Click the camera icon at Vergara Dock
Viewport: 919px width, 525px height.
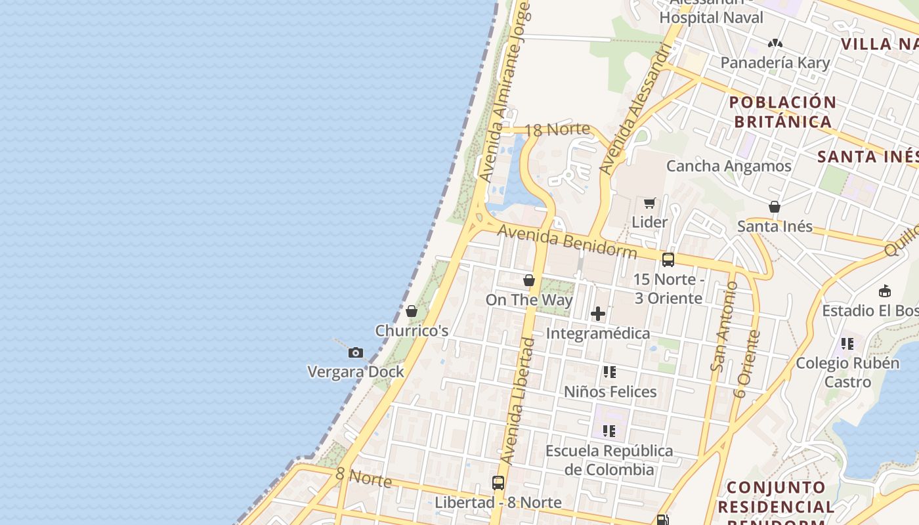click(x=356, y=353)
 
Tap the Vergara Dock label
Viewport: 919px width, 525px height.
click(x=356, y=372)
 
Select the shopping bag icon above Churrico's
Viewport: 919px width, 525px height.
click(x=412, y=311)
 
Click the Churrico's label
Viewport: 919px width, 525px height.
click(x=412, y=331)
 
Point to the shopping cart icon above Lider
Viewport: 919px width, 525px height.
click(x=649, y=203)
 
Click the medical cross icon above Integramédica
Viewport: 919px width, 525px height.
click(x=598, y=314)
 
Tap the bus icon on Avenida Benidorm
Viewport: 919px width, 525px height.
click(x=668, y=259)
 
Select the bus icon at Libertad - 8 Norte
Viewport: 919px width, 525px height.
click(x=498, y=483)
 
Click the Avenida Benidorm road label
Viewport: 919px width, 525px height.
click(x=566, y=241)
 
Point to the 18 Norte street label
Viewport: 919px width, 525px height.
click(x=557, y=129)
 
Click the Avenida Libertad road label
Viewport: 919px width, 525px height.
click(x=519, y=400)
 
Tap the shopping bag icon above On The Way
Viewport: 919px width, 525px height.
click(x=529, y=280)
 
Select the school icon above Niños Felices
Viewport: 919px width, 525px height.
click(x=610, y=372)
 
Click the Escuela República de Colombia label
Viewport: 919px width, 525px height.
click(x=609, y=460)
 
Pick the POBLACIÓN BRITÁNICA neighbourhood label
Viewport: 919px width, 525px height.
click(x=782, y=112)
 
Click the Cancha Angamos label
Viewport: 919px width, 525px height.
click(x=729, y=166)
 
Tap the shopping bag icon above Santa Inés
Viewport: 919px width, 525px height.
click(x=775, y=207)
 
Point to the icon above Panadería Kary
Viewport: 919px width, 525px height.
click(x=775, y=43)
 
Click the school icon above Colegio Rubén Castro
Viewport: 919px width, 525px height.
click(x=847, y=343)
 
